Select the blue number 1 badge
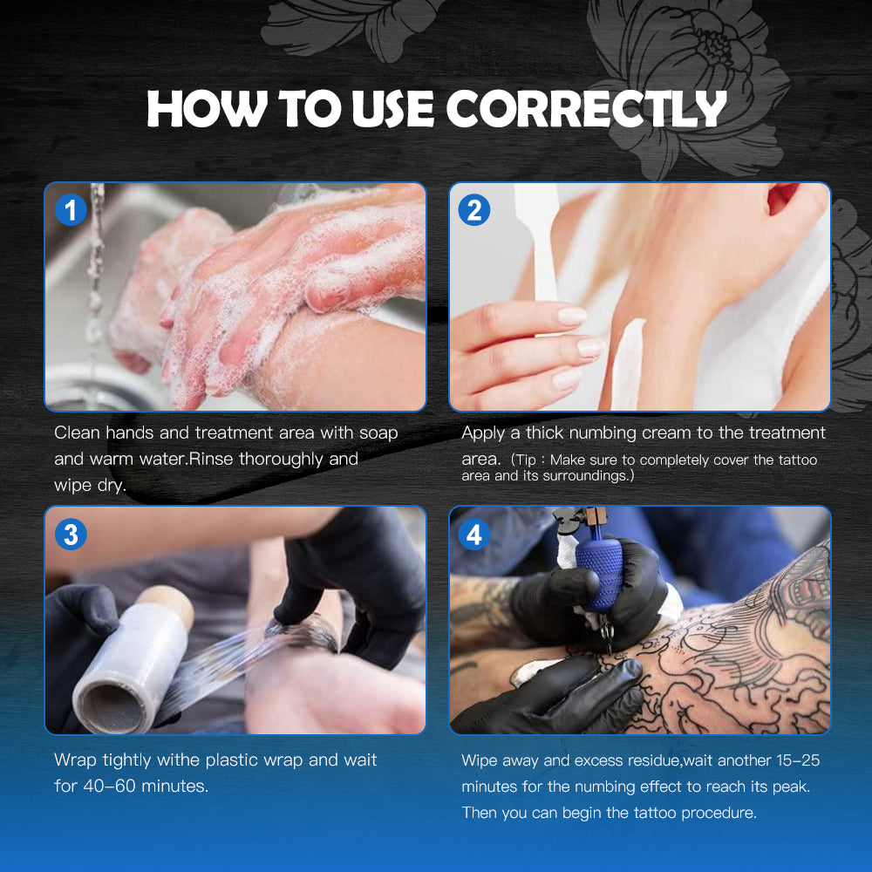tap(71, 210)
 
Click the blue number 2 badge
tap(474, 210)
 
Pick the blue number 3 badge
tap(71, 535)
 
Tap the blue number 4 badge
tap(474, 535)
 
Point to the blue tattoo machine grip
tap(600, 573)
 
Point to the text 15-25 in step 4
tap(798, 760)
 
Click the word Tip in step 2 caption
tap(526, 460)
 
